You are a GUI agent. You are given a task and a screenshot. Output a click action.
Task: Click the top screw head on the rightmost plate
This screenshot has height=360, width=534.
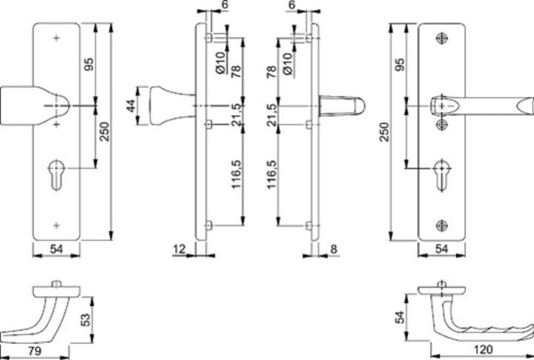443,37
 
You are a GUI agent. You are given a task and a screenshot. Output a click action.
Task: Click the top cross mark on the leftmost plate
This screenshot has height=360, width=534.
57,37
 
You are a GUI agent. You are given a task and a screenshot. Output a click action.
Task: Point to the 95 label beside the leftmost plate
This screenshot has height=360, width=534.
88,65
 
